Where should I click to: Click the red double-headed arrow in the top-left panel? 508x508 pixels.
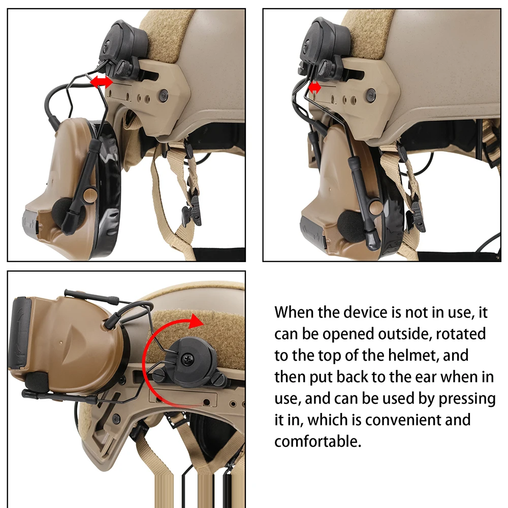pyautogui.click(x=101, y=82)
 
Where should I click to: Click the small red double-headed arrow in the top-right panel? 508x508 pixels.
pyautogui.click(x=314, y=88)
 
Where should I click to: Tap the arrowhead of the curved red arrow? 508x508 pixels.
pyautogui.click(x=196, y=321)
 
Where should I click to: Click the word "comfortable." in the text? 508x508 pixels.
pyautogui.click(x=318, y=441)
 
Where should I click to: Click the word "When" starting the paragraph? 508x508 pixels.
pyautogui.click(x=294, y=312)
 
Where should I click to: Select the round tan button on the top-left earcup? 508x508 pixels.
pyautogui.click(x=89, y=196)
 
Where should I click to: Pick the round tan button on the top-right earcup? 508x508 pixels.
pyautogui.click(x=375, y=206)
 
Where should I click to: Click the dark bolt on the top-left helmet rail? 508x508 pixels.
pyautogui.click(x=163, y=94)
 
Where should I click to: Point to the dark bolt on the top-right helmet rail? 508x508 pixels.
pyautogui.click(x=370, y=93)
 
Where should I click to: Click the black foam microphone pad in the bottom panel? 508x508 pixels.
pyautogui.click(x=36, y=382)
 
